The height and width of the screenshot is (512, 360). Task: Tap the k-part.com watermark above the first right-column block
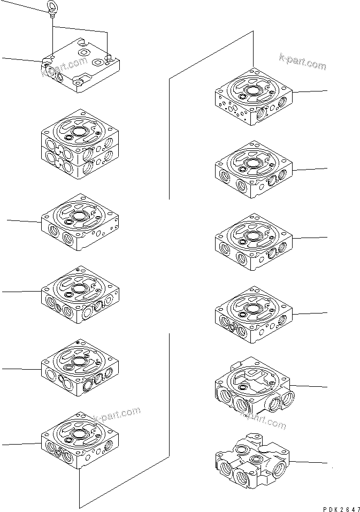(302, 61)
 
